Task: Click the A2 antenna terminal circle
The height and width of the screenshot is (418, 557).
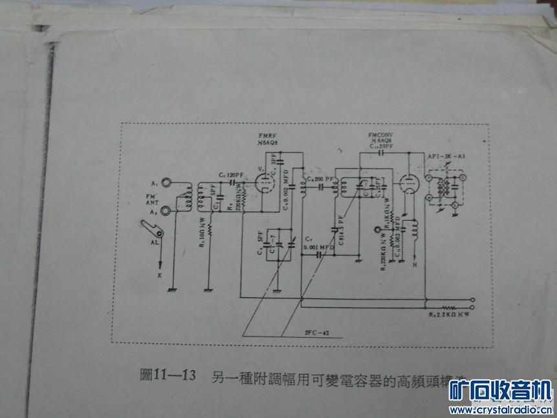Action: tap(168, 210)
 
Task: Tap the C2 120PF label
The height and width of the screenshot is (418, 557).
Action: tap(230, 175)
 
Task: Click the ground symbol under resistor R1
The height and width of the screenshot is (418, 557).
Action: tap(209, 289)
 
